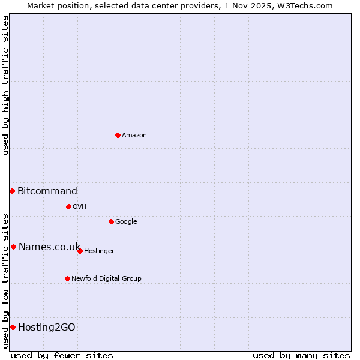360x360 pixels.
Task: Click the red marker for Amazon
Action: [x=118, y=135]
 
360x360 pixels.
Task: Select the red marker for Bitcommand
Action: [x=12, y=191]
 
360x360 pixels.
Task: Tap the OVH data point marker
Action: [x=68, y=206]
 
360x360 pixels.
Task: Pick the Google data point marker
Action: [x=111, y=221]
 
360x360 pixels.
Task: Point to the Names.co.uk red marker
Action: [x=13, y=247]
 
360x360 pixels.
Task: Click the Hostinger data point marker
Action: [x=80, y=251]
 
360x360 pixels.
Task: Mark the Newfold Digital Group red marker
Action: [x=67, y=278]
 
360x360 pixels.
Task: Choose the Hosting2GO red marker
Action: [x=13, y=327]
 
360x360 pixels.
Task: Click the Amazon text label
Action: [x=134, y=136]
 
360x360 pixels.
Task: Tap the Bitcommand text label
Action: [x=47, y=191]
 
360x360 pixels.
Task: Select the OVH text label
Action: [x=80, y=207]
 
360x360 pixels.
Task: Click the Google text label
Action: [x=126, y=222]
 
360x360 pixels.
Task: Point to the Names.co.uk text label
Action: [x=49, y=247]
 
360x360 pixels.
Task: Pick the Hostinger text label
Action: [x=99, y=251]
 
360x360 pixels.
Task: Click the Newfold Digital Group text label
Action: [x=106, y=279]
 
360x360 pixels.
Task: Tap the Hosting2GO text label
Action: [x=47, y=328]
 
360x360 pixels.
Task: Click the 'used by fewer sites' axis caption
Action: [x=62, y=355]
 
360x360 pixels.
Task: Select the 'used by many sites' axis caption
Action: [x=301, y=355]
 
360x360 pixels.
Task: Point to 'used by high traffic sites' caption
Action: [x=5, y=85]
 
